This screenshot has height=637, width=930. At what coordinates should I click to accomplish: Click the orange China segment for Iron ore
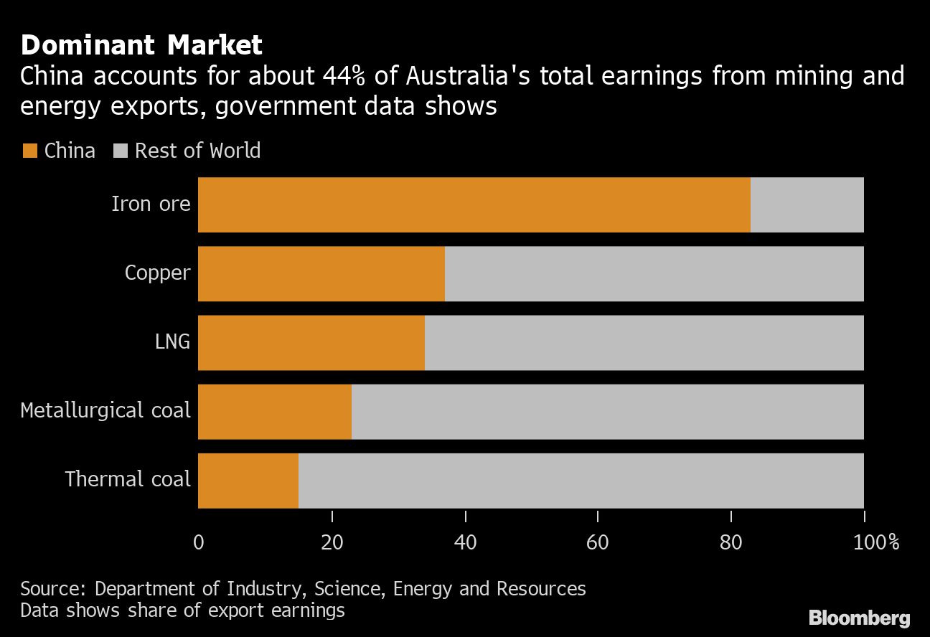pos(474,204)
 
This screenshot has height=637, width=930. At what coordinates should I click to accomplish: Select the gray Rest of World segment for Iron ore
pos(807,204)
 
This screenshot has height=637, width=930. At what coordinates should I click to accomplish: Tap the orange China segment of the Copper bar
pos(321,273)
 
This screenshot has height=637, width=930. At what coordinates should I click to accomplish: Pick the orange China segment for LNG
pos(311,342)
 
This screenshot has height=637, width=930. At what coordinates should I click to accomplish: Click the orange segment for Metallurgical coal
pos(274,411)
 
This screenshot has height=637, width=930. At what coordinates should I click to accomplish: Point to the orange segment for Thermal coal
pos(248,480)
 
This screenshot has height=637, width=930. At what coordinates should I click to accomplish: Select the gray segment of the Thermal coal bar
pos(581,480)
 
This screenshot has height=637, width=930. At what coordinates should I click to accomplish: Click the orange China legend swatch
pos(29,151)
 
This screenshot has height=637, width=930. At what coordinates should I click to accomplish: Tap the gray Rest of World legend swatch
pos(121,151)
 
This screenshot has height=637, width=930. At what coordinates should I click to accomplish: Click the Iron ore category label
pos(151,204)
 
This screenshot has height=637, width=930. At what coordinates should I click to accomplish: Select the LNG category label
pos(172,342)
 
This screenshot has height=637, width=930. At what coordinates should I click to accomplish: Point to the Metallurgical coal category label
pos(105,411)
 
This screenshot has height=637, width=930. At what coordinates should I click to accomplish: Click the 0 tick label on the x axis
pos(199,542)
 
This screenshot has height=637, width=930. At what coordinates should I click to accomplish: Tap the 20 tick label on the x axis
pos(332,542)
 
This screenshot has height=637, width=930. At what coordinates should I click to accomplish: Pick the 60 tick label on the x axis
pos(597,542)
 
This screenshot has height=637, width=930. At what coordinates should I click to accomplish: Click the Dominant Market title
pos(141,46)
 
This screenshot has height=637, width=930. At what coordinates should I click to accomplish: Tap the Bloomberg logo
pos(859,618)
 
